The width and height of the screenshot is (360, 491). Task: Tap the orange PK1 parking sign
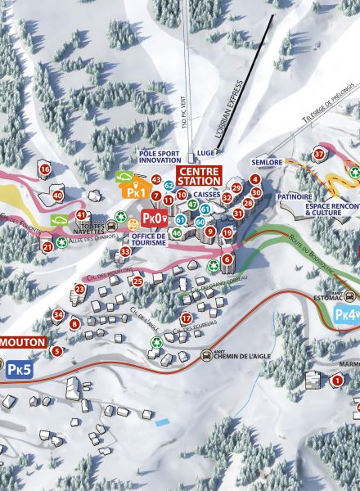point(134,192)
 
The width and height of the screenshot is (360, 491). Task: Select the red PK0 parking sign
point(154,218)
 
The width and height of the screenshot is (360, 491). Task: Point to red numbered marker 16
point(44,169)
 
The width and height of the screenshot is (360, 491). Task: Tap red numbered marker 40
point(57,196)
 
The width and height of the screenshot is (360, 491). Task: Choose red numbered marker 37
point(320,154)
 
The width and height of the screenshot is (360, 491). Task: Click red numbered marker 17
point(187,318)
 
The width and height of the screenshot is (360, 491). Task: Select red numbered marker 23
point(79,289)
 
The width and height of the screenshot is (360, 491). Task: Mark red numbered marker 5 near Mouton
point(56,351)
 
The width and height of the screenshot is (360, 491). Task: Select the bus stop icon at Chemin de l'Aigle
point(206,355)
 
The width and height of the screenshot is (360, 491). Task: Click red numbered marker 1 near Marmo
point(337,381)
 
